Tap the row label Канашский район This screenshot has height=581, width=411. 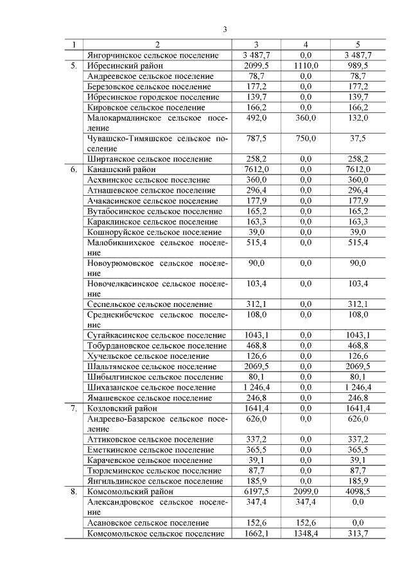pos(116,169)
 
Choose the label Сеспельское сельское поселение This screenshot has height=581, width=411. pos(149,304)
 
